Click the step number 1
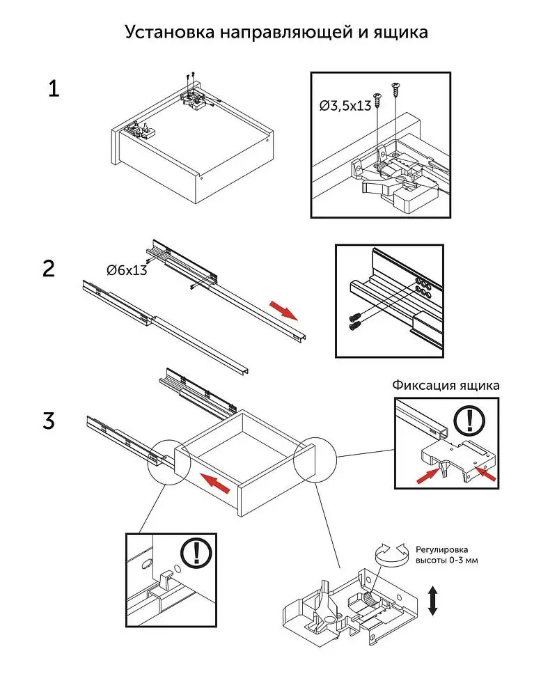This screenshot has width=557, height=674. point(54,90)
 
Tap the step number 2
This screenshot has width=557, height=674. point(49,269)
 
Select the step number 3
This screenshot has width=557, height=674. point(49,421)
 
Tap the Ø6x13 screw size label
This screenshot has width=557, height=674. point(127,270)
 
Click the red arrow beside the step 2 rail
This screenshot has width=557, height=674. point(282,309)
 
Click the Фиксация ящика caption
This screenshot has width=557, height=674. point(446,385)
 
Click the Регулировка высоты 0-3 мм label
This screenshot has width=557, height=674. point(446,554)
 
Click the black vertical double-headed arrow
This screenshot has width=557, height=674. point(432,600)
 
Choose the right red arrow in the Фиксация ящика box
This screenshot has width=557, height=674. point(486,473)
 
